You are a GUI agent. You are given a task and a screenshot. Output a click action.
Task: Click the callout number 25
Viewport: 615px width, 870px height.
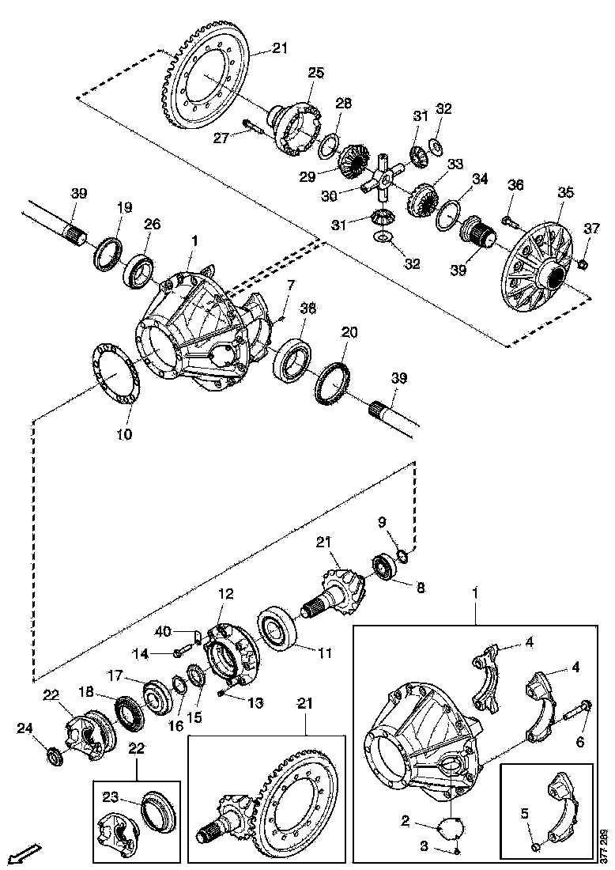click(315, 73)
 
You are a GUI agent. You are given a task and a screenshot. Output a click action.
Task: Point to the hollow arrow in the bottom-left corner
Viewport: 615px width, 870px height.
click(25, 854)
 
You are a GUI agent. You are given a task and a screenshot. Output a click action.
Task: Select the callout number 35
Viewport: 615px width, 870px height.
click(565, 191)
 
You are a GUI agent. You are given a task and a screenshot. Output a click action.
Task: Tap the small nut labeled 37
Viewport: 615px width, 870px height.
click(583, 263)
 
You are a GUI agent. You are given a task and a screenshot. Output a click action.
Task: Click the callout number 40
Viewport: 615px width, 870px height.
click(163, 631)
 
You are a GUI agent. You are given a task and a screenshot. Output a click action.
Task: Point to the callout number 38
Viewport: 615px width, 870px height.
click(307, 309)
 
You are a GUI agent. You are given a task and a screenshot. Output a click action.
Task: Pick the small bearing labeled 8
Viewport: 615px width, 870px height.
click(385, 569)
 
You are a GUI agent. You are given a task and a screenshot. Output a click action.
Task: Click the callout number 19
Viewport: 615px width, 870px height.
click(125, 207)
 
